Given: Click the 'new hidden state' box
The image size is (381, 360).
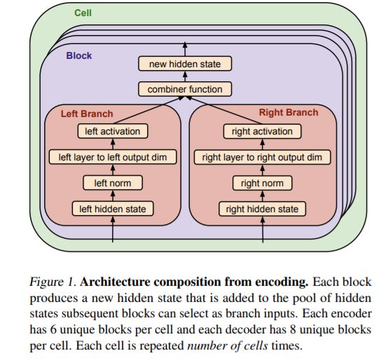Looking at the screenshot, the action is [185, 64].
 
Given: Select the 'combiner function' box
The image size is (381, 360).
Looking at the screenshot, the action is [185, 89].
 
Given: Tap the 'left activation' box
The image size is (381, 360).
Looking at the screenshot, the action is [113, 131].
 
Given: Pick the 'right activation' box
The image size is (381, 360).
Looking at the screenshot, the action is [262, 132].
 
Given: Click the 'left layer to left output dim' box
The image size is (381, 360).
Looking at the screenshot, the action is [113, 157].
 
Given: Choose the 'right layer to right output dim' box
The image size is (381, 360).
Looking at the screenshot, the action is [262, 157].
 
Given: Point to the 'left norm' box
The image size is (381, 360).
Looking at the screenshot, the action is [113, 183].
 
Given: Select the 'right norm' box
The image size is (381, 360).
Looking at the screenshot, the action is [262, 183].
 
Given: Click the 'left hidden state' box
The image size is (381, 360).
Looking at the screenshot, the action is [113, 209].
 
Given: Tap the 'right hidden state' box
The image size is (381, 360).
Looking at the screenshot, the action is [262, 209].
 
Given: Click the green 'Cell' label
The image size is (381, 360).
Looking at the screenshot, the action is [83, 13].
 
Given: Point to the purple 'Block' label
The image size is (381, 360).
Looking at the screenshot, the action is [79, 55].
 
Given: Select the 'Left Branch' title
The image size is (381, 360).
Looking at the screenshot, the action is [87, 113].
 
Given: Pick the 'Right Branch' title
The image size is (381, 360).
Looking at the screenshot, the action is [289, 113].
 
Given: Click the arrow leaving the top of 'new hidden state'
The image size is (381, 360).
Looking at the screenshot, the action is [185, 49].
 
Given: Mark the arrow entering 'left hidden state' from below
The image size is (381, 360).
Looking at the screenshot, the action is [113, 229].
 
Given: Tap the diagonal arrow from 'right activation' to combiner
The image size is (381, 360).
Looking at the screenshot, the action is [224, 110].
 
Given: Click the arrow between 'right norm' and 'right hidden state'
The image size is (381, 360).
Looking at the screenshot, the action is [263, 196].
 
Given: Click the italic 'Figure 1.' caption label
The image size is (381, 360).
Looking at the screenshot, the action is [51, 282].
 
